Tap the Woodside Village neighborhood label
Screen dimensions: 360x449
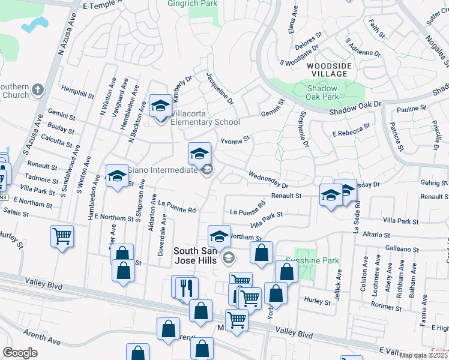click(x=327, y=69)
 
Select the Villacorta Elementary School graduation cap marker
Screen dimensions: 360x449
click(x=160, y=107)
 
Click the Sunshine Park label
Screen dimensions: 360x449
click(x=317, y=260)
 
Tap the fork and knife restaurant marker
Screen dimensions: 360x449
click(x=187, y=288)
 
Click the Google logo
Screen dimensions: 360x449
click(x=20, y=353)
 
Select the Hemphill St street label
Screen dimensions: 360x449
click(x=77, y=91)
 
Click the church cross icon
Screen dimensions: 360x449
click(x=37, y=90)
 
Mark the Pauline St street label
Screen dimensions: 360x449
click(x=411, y=109)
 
